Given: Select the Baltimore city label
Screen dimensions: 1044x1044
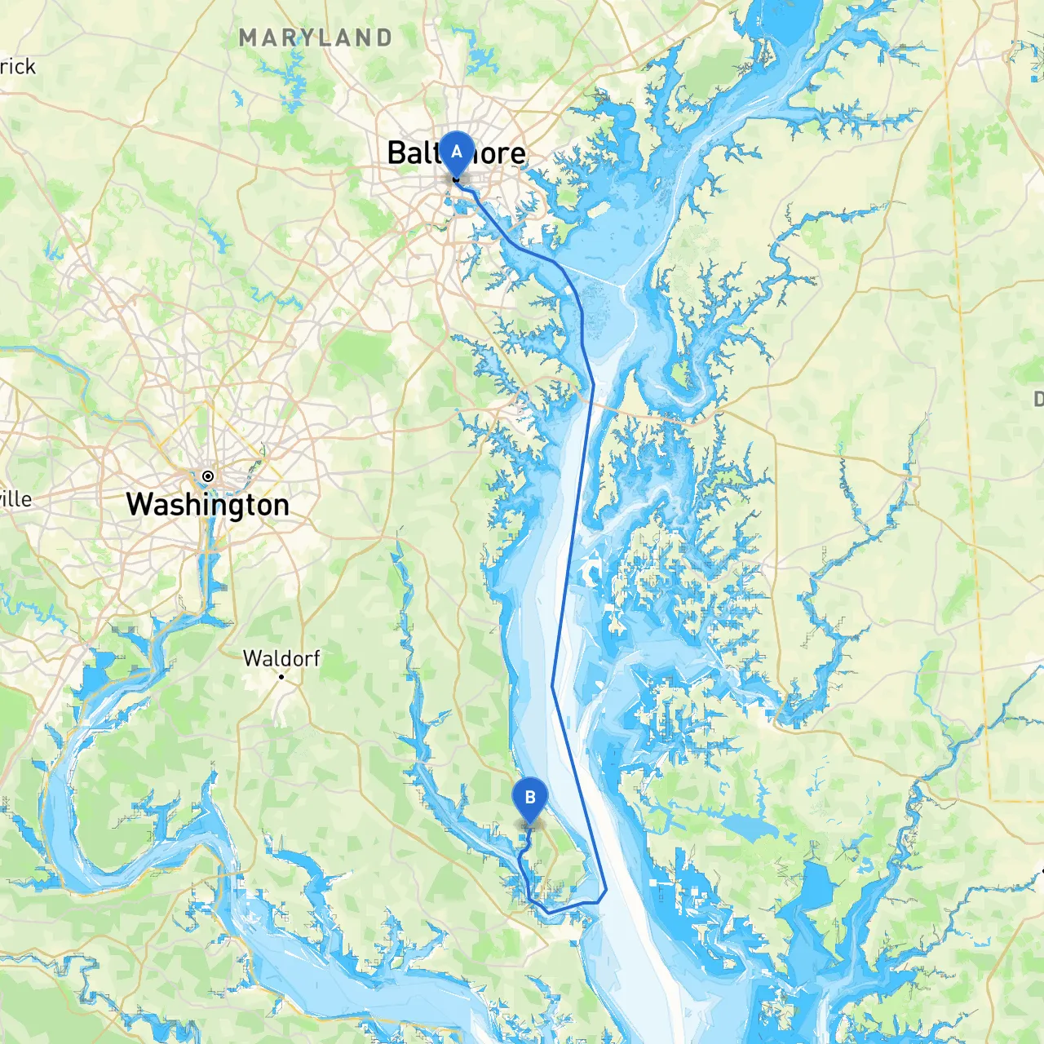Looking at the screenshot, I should pyautogui.click(x=456, y=153).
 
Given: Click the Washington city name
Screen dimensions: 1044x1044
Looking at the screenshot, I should pyautogui.click(x=208, y=505).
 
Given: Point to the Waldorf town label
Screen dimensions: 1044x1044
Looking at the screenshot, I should pyautogui.click(x=281, y=658).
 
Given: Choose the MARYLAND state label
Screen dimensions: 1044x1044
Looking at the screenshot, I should pyautogui.click(x=316, y=38).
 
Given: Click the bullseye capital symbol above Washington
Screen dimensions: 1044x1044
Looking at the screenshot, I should pyautogui.click(x=208, y=476).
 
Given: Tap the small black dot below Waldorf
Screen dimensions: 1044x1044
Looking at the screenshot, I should pyautogui.click(x=281, y=677).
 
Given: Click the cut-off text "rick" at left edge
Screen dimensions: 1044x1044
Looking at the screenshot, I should pyautogui.click(x=17, y=67).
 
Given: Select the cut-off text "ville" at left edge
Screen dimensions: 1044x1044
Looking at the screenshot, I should pyautogui.click(x=15, y=498).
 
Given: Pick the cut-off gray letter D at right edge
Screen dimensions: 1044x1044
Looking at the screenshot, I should pyautogui.click(x=1038, y=399).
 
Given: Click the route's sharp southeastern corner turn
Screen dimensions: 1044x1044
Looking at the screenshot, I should pyautogui.click(x=606, y=890).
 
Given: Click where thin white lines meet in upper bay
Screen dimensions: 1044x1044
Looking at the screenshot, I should pyautogui.click(x=624, y=285).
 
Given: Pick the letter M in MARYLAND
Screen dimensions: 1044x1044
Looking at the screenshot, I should pyautogui.click(x=249, y=38).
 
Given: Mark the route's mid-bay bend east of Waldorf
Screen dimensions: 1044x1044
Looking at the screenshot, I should pyautogui.click(x=552, y=687).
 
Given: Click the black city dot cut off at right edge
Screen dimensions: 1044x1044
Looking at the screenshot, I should pyautogui.click(x=1042, y=870).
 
